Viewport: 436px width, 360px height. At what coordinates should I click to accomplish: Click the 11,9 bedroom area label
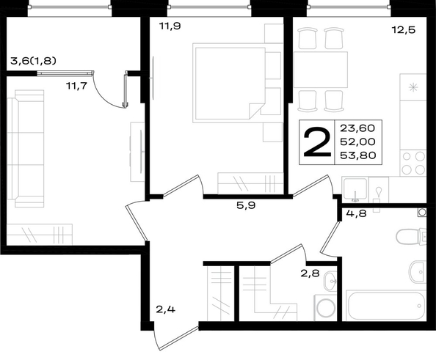(170, 26)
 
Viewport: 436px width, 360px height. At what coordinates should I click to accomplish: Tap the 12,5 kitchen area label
(404, 29)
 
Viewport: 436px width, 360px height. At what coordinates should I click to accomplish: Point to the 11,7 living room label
(77, 86)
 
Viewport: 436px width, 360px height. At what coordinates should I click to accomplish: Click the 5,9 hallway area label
(246, 205)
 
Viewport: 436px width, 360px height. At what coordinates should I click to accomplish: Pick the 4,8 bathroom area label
(357, 213)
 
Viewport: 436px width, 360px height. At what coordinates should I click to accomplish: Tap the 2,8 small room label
(310, 273)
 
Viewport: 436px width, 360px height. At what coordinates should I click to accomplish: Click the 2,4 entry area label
(165, 309)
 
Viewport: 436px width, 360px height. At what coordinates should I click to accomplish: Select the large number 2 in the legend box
(317, 142)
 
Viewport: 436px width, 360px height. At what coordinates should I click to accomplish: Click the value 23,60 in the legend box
(357, 128)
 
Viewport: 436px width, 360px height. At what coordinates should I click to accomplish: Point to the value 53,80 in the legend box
(358, 155)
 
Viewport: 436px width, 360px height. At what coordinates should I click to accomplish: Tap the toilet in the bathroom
(411, 237)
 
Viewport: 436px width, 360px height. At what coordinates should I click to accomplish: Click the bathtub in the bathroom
(385, 305)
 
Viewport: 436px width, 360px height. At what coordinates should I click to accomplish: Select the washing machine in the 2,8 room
(326, 308)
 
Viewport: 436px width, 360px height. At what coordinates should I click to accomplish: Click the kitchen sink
(355, 189)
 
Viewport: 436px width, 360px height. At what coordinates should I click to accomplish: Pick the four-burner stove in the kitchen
(413, 163)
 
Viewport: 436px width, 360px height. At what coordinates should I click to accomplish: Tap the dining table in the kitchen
(321, 70)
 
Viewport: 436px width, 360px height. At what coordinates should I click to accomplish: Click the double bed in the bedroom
(228, 83)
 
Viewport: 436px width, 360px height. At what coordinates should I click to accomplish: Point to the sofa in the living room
(26, 149)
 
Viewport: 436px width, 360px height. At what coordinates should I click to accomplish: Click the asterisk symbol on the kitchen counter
(413, 88)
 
